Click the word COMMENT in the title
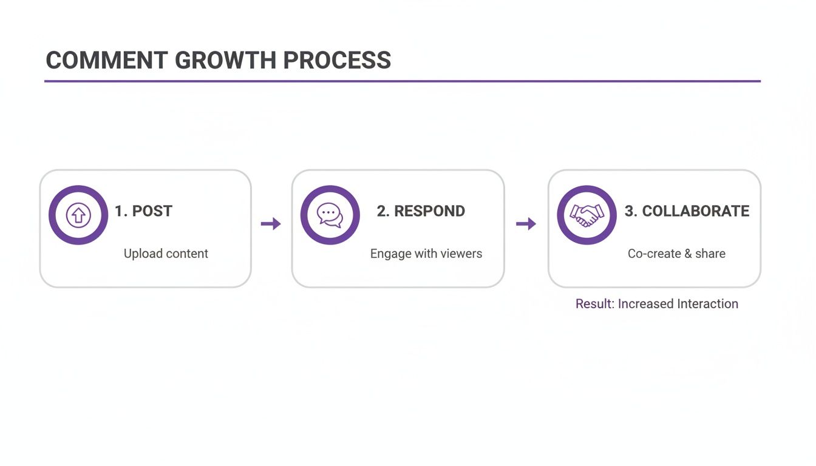[x=106, y=61]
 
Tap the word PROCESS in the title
[x=337, y=61]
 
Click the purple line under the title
[x=402, y=81]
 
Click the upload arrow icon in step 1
[x=78, y=215]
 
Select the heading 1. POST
[x=144, y=211]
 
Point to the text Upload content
[x=166, y=254]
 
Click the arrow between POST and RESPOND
[x=271, y=224]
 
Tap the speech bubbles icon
[x=330, y=215]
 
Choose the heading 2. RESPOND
[x=421, y=211]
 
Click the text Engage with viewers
[x=426, y=254]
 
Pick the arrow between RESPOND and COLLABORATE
[x=526, y=224]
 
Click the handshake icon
[x=586, y=215]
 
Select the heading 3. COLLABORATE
[x=687, y=211]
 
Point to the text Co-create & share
[x=676, y=254]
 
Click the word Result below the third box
[x=594, y=304]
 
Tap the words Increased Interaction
[x=678, y=304]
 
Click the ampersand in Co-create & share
[x=688, y=254]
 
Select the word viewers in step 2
[x=462, y=254]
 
